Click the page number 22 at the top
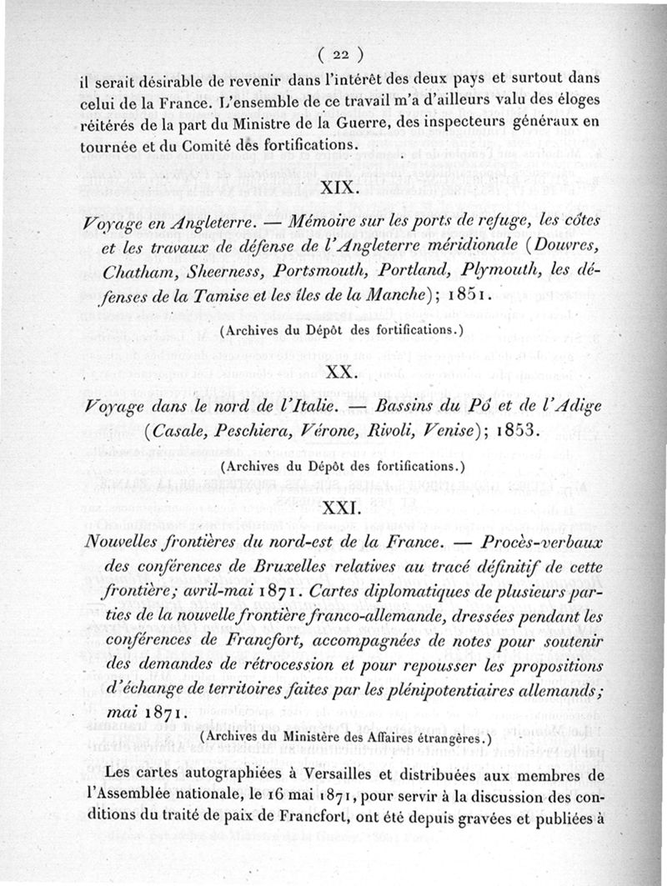click(339, 55)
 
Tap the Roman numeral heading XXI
click(339, 505)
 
